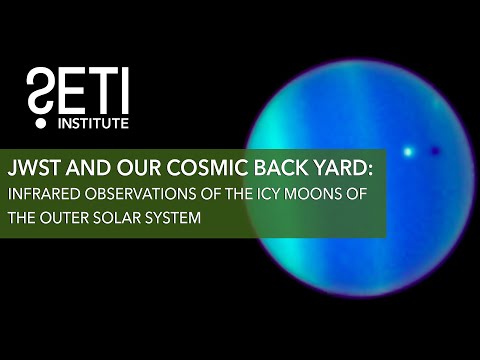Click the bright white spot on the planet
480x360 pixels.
pyautogui.click(x=407, y=151)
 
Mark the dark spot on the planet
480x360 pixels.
pyautogui.click(x=435, y=151)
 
